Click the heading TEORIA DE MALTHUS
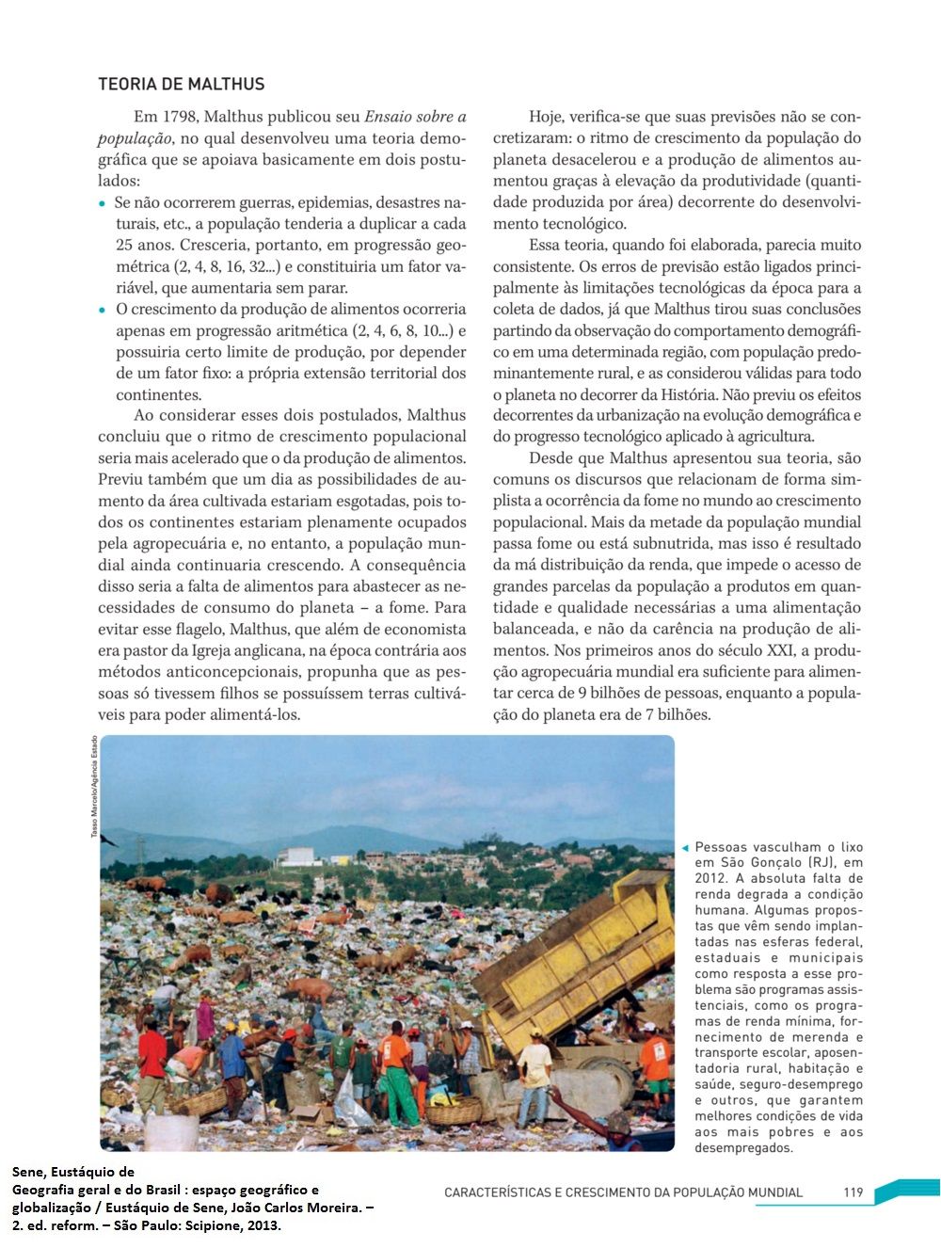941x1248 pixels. click(181, 85)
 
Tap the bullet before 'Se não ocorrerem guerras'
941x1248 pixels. click(103, 203)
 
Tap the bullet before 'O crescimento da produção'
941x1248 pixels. click(103, 310)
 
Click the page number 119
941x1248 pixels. click(853, 1192)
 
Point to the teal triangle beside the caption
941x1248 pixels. click(685, 848)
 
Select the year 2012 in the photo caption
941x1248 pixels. click(710, 878)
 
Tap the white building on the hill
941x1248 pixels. click(299, 856)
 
